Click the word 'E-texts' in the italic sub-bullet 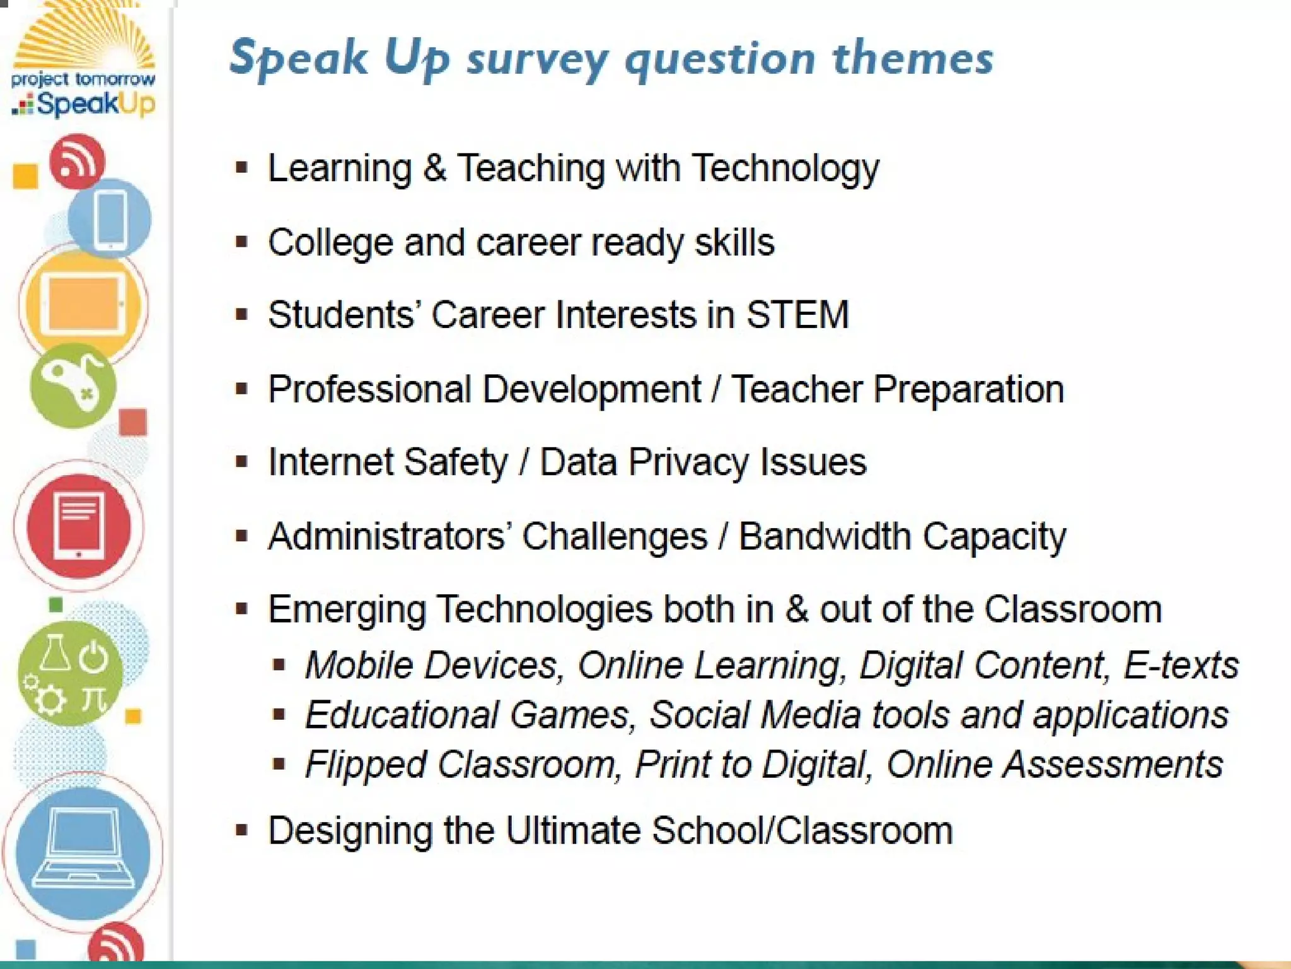1181,665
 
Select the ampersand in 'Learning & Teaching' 434,168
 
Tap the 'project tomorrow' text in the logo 83,79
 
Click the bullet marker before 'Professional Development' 241,389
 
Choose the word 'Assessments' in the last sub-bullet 1113,765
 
